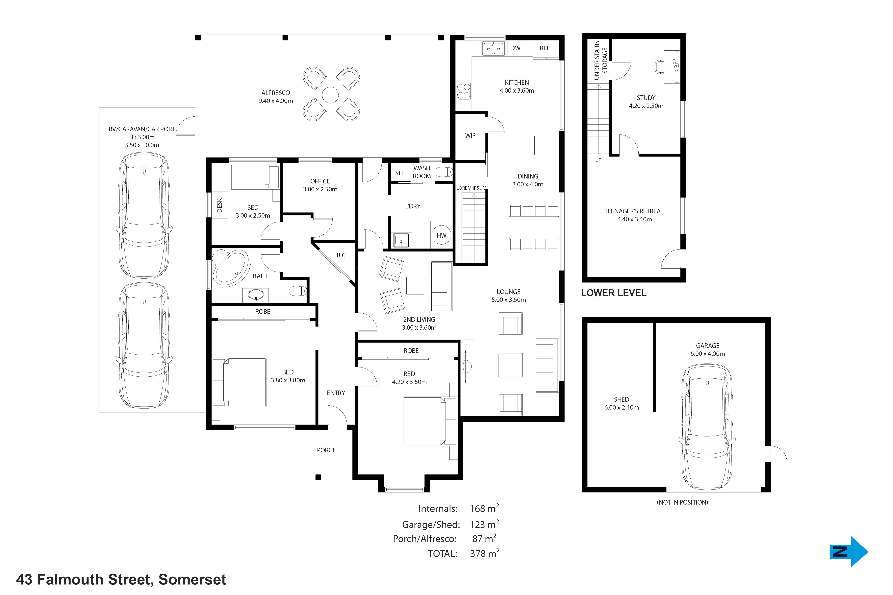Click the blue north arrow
tap(849, 551)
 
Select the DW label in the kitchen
tap(515, 48)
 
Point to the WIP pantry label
tap(470, 135)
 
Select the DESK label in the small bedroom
tap(219, 205)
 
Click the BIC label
tap(341, 255)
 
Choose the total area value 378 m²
tap(484, 553)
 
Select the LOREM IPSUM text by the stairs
tap(471, 188)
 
